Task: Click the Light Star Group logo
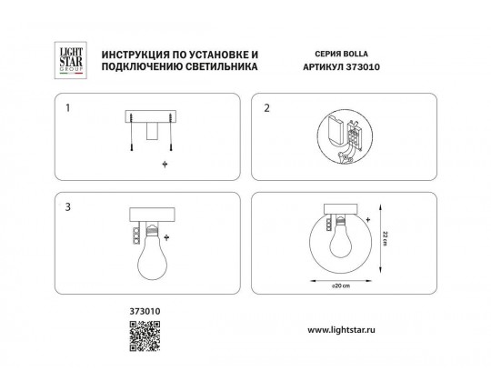[71, 60]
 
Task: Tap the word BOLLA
[356, 54]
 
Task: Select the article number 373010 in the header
[363, 67]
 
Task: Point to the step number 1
[67, 108]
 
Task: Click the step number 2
[266, 108]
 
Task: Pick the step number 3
[68, 207]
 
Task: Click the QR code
[145, 336]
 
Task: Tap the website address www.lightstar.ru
[341, 330]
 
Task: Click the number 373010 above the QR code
[145, 311]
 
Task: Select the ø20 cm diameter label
[341, 286]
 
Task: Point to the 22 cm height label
[386, 238]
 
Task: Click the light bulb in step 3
[152, 252]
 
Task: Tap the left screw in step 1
[132, 133]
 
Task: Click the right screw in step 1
[171, 133]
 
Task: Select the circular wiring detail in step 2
[345, 136]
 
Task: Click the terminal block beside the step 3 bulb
[135, 236]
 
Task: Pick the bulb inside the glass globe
[340, 238]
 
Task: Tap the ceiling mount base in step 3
[152, 215]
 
